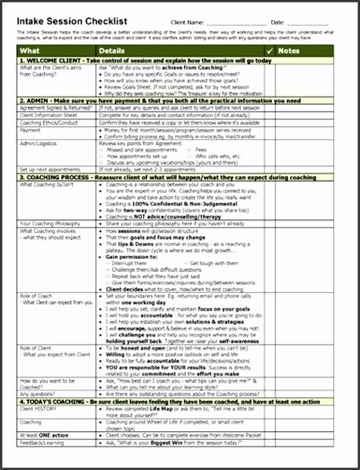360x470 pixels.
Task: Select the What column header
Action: (x=31, y=51)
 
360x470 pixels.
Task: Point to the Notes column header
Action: (x=289, y=51)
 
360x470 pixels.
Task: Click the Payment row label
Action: (x=31, y=131)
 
